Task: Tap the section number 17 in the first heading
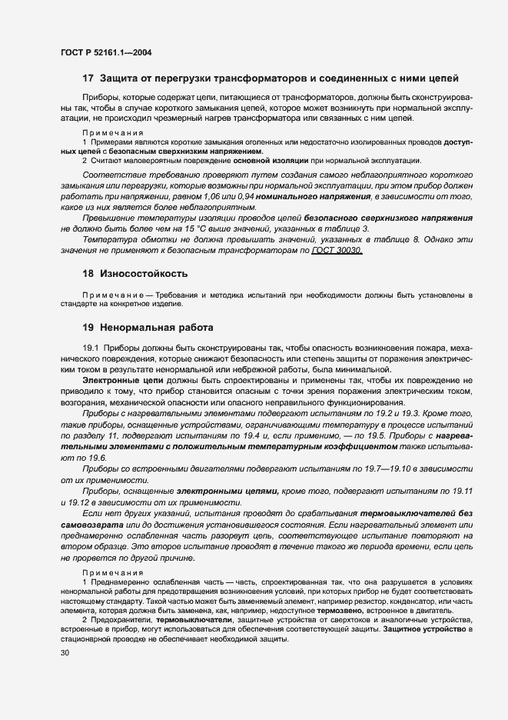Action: click(88, 79)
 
